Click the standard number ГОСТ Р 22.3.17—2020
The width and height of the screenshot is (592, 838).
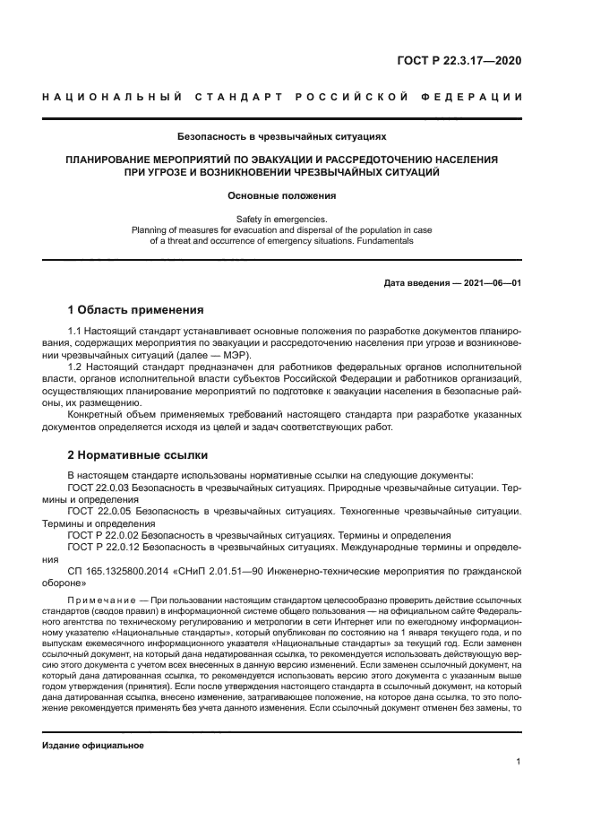pyautogui.click(x=462, y=61)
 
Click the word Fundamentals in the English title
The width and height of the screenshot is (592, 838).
pyautogui.click(x=383, y=240)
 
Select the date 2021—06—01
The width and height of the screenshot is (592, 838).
pyautogui.click(x=491, y=283)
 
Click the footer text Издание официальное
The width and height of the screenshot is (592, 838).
pyautogui.click(x=93, y=746)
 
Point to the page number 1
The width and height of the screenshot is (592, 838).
pyautogui.click(x=519, y=762)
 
